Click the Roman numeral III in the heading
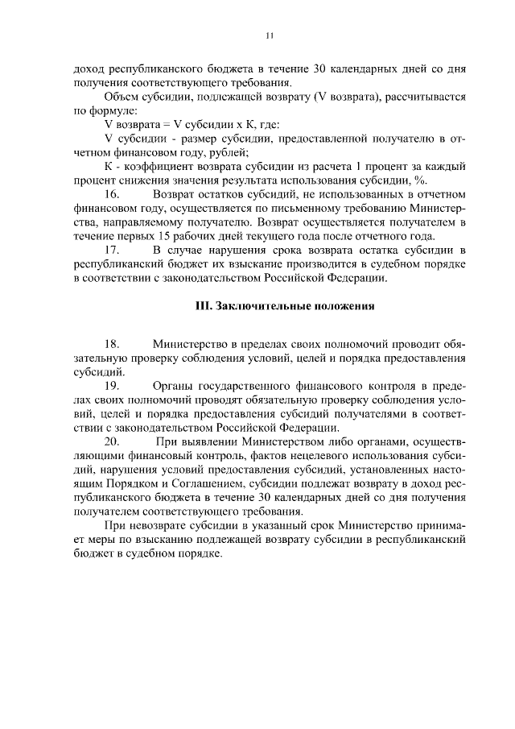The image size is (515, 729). pos(204,306)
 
